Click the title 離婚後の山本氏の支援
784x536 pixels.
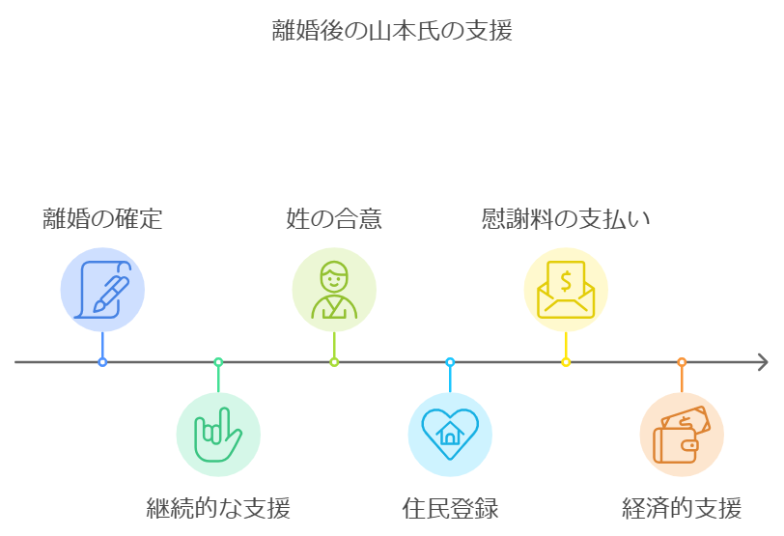click(x=392, y=31)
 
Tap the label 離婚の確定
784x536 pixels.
click(x=102, y=219)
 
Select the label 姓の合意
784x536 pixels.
click(x=334, y=219)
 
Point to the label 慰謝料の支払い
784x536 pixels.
click(x=566, y=219)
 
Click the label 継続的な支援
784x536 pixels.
click(x=218, y=507)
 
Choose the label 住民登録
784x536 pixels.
click(x=450, y=507)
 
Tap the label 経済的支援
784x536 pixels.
click(x=682, y=507)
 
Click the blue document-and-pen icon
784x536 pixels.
click(x=102, y=289)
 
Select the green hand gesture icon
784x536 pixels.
click(x=218, y=435)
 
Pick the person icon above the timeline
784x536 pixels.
click(x=334, y=289)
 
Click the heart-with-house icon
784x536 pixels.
click(x=450, y=435)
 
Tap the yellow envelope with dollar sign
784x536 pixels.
click(x=566, y=289)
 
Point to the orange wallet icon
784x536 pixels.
click(x=682, y=435)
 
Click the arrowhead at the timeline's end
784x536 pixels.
click(x=763, y=362)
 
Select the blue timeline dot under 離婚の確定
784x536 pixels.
click(x=102, y=362)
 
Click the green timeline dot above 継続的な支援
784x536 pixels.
click(x=218, y=362)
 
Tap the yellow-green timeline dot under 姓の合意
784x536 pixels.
click(x=334, y=362)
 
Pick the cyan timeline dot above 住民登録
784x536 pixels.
click(x=450, y=362)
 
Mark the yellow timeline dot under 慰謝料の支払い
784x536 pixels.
click(x=566, y=362)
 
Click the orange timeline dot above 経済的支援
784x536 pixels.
click(x=682, y=362)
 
